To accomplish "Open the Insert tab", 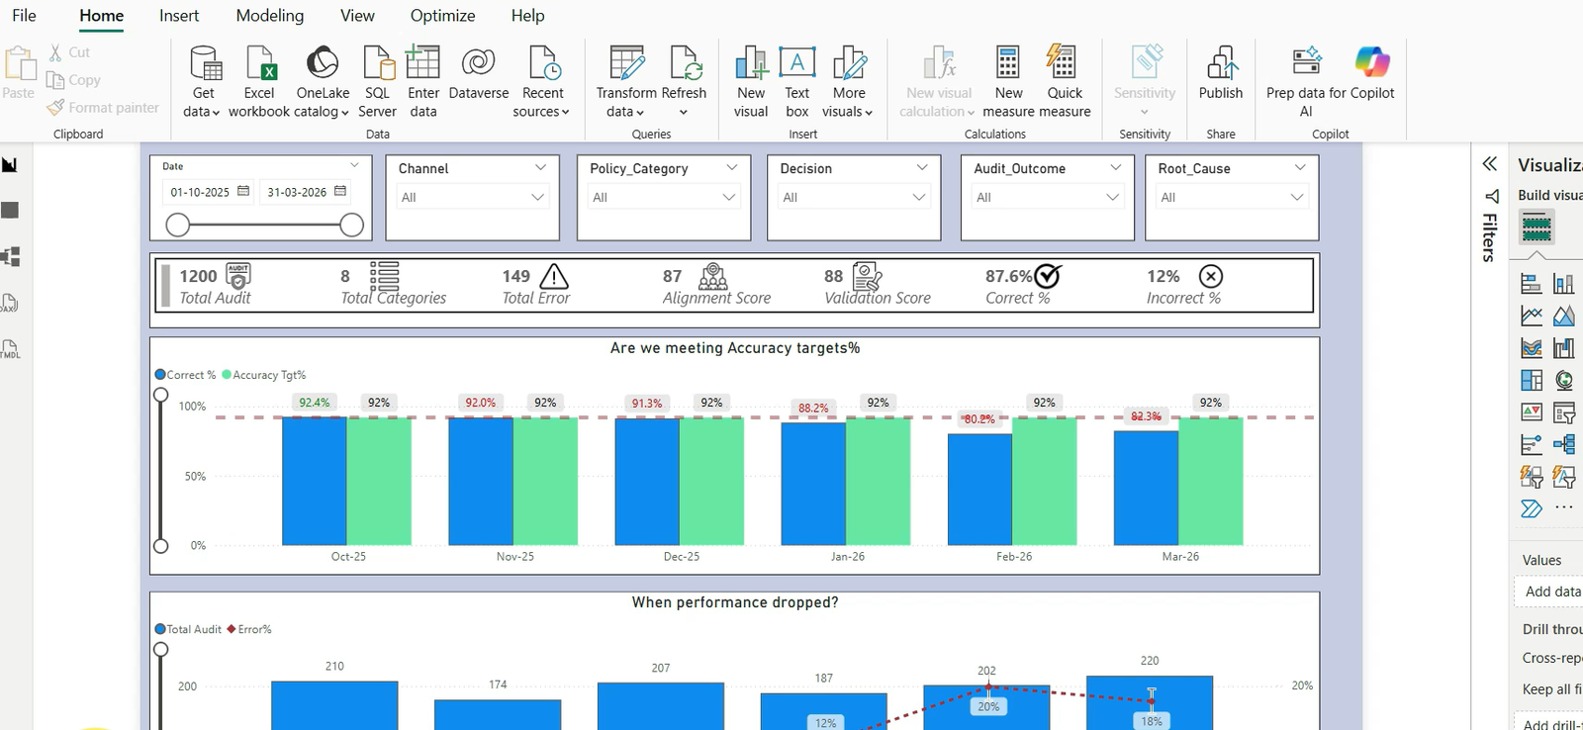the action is coord(179,16).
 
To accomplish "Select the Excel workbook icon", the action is coord(259,63).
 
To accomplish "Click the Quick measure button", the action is coord(1065,82).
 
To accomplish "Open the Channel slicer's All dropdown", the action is coord(472,197).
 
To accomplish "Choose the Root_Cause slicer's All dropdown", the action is coord(1232,197).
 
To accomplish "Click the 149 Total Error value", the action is coord(515,276).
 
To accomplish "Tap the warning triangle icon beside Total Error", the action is coord(554,276).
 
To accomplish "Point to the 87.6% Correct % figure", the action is coord(1008,276).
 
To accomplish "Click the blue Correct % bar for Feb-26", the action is coord(979,489).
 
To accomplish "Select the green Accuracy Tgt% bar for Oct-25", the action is coord(379,482).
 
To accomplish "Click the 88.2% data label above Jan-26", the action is coord(813,408).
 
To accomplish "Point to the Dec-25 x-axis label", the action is coord(682,556).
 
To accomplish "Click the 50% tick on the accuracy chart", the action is coord(195,477).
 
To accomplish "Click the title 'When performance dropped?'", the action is coord(735,602).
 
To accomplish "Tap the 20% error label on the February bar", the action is coord(988,706).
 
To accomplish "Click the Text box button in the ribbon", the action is coord(796,82).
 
